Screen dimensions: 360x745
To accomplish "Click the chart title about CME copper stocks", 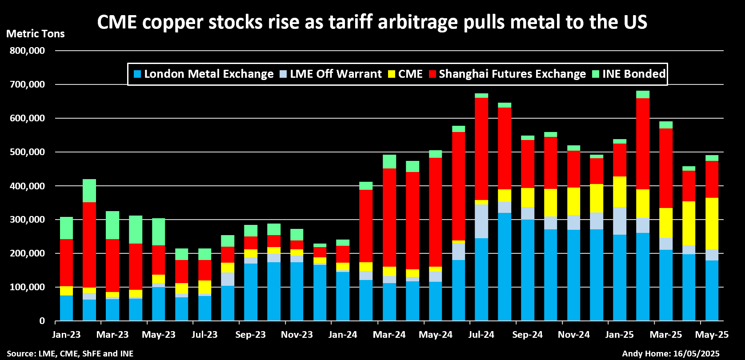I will (372, 22).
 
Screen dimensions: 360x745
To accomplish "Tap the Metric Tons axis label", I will (36, 34).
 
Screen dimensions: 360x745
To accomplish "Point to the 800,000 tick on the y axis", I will (27, 51).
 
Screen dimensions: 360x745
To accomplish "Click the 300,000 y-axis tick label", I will (27, 220).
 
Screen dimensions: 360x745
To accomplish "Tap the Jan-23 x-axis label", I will (66, 335).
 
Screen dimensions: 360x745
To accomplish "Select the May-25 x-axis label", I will (712, 335).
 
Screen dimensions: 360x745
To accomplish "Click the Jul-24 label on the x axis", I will (481, 335).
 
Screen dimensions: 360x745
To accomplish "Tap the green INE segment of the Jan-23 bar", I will (66, 228).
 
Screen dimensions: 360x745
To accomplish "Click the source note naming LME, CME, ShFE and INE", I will (70, 354).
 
